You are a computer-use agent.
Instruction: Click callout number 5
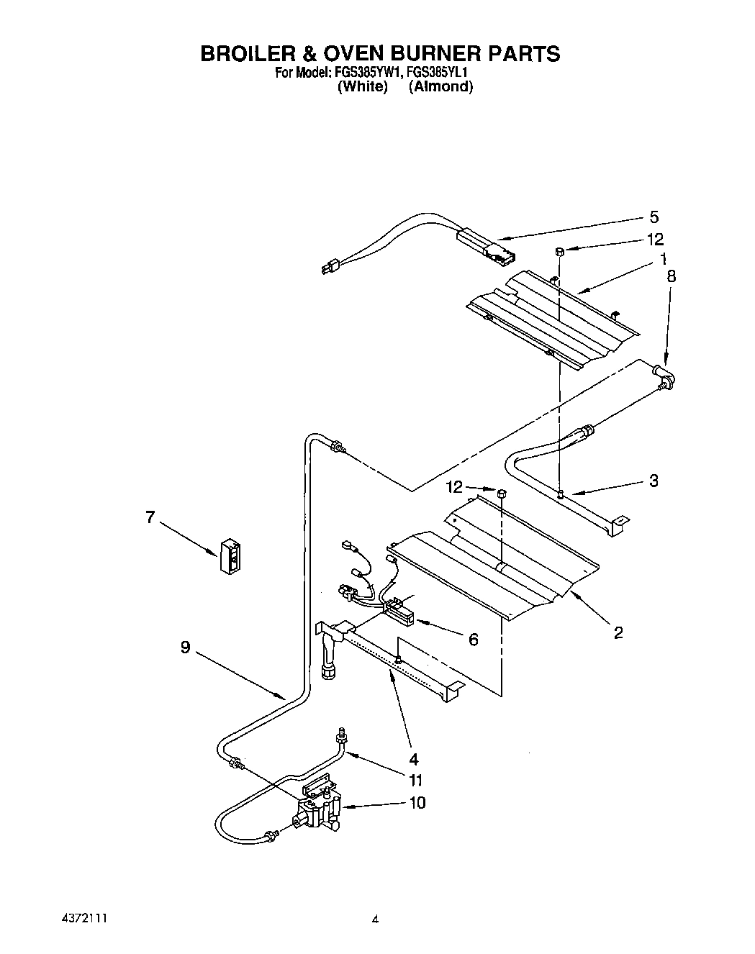654,217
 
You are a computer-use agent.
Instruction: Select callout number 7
150,517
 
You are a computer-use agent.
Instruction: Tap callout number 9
185,648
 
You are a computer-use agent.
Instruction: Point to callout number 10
417,802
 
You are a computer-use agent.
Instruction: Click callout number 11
415,780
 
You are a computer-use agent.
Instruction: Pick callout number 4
413,758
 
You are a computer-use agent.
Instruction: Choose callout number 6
473,639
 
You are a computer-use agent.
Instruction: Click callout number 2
618,632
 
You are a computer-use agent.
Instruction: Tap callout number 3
654,481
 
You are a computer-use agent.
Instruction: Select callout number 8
672,276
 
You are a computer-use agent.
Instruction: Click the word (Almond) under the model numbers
440,87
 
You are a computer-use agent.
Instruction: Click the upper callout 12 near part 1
655,239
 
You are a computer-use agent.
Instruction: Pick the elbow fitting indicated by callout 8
666,378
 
